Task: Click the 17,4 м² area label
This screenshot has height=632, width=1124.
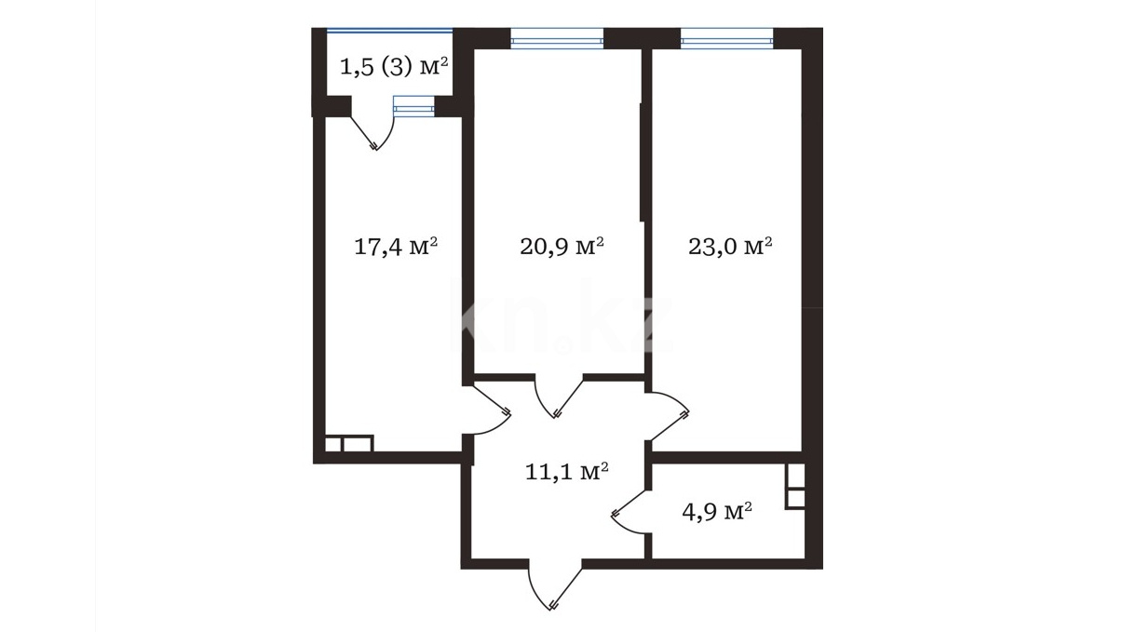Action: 396,247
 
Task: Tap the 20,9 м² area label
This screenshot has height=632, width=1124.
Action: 562,247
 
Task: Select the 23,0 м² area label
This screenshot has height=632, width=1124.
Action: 729,247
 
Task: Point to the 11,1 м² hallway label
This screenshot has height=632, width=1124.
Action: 566,472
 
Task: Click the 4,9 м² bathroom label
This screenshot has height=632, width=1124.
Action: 717,512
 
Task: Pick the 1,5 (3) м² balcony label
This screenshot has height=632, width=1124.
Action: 394,67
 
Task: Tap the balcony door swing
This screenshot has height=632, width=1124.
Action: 372,131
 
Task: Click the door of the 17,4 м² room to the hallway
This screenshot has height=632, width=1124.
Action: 489,409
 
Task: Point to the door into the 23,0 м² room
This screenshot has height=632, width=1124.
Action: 668,416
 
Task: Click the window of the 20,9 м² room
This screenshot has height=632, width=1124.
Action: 557,38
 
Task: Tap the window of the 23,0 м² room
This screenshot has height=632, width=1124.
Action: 726,38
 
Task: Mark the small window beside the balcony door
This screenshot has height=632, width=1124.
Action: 413,106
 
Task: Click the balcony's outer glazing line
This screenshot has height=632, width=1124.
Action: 390,31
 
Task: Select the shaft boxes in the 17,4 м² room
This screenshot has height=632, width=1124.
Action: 348,443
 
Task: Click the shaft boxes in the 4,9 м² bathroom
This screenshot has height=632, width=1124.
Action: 795,486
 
